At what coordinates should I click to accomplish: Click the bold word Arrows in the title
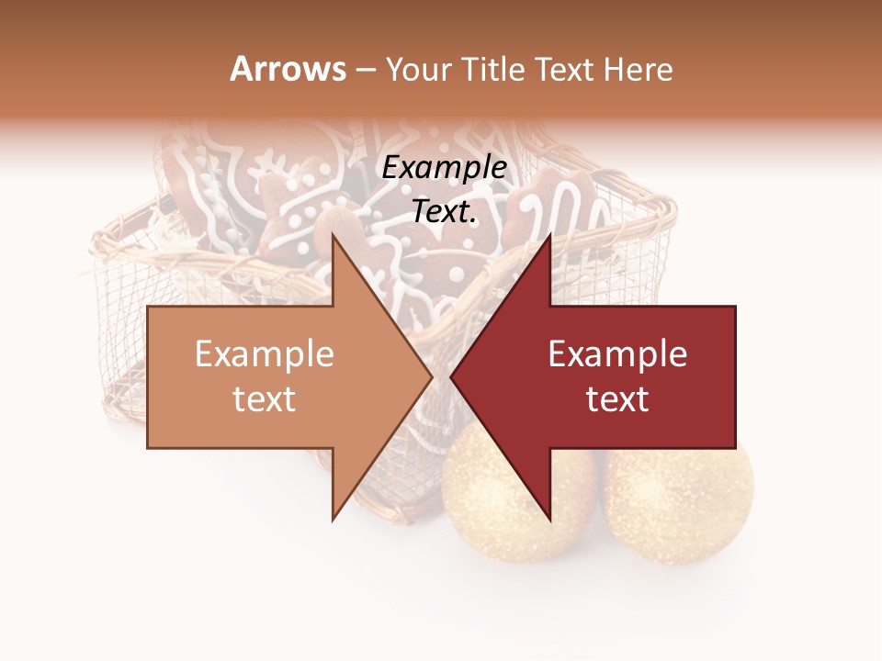click(288, 69)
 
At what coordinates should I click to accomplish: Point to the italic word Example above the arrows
click(445, 168)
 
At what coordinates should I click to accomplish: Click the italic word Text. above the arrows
click(445, 212)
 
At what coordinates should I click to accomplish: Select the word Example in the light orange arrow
click(265, 354)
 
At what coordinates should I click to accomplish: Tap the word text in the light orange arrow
click(265, 399)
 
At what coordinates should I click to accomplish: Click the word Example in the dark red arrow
click(617, 354)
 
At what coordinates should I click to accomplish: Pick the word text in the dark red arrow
click(617, 399)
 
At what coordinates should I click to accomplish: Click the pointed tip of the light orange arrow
click(431, 377)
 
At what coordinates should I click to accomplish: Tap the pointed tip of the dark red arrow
click(451, 377)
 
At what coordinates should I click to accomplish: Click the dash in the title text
click(365, 70)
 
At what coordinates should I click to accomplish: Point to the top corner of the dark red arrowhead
click(550, 235)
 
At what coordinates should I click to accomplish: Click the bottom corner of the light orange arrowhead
click(333, 521)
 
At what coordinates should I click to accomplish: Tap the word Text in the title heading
click(571, 69)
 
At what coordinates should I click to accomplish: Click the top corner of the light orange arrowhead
click(333, 235)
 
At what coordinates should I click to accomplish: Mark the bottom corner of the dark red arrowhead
click(550, 521)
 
